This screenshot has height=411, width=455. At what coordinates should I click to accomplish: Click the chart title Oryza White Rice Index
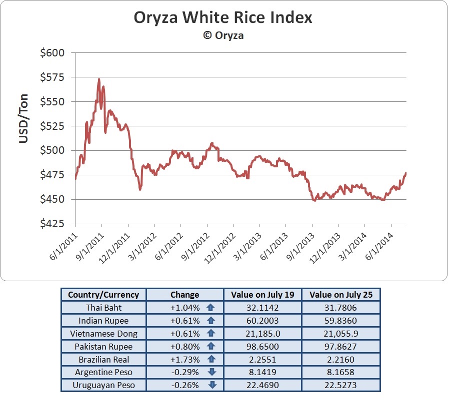pos(223,18)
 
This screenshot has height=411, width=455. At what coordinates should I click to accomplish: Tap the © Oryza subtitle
pos(223,35)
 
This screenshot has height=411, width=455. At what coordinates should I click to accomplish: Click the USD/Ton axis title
pos(23,118)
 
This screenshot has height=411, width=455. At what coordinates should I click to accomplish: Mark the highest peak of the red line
pos(99,79)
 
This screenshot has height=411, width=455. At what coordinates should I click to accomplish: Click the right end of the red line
pos(406,173)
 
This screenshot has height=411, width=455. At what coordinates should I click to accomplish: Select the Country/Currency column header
pos(103,295)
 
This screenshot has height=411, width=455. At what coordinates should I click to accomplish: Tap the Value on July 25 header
pos(341,295)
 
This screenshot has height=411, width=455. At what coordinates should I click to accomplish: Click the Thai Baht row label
pos(103,308)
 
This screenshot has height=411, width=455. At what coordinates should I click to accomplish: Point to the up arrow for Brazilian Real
pos(211,360)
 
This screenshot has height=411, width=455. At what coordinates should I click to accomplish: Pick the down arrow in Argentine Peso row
pos(211,373)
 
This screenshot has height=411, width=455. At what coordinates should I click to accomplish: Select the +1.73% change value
pos(185,360)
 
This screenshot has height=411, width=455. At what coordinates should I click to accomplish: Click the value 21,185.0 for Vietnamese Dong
pos(262,334)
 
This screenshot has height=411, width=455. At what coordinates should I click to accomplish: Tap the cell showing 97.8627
pos(341,347)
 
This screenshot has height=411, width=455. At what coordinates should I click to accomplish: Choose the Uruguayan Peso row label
pos(103,386)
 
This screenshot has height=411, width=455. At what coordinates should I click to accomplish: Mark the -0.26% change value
pos(185,386)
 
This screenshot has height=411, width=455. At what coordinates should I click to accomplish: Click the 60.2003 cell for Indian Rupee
pos(262,321)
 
